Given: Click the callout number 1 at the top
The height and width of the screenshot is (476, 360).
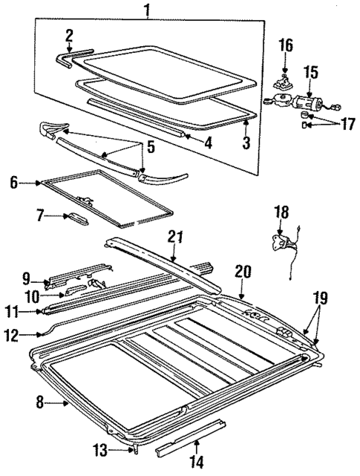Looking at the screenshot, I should pyautogui.click(x=147, y=10).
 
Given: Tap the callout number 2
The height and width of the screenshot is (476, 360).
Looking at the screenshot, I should pyautogui.click(x=69, y=34).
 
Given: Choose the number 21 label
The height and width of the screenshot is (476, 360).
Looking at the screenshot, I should pyautogui.click(x=174, y=237).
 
